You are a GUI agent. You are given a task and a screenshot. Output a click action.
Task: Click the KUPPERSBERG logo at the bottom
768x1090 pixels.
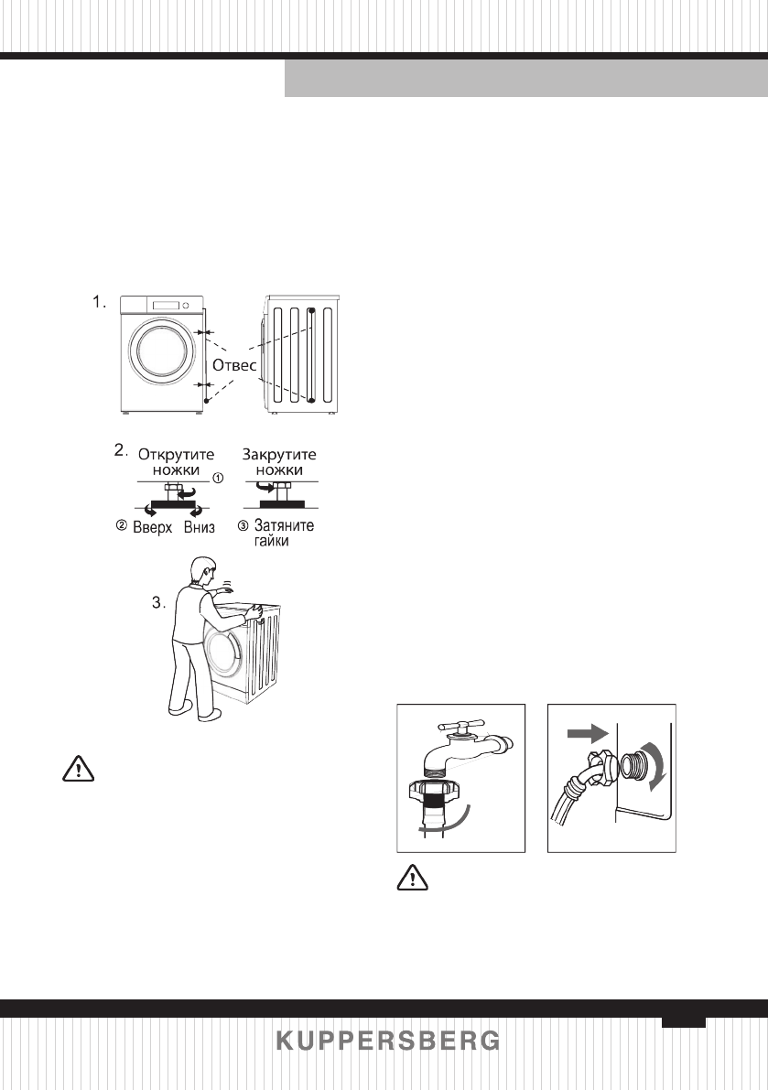click(x=388, y=1041)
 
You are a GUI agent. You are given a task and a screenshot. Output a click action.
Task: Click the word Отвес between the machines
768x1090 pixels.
click(x=235, y=364)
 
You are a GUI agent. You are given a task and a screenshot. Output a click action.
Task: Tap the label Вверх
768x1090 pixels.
click(x=152, y=529)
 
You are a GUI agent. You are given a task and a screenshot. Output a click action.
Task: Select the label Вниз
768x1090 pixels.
click(x=200, y=529)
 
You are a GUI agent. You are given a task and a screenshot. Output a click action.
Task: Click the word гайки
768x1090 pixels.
click(x=272, y=543)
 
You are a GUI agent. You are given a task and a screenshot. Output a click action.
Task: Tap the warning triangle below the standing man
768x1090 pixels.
click(x=80, y=769)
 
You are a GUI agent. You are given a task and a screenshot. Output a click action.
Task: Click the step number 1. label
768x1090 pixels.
click(x=100, y=301)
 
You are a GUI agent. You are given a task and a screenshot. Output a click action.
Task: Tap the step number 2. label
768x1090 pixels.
click(x=119, y=450)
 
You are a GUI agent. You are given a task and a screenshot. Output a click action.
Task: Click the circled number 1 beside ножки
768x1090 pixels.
click(x=217, y=478)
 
